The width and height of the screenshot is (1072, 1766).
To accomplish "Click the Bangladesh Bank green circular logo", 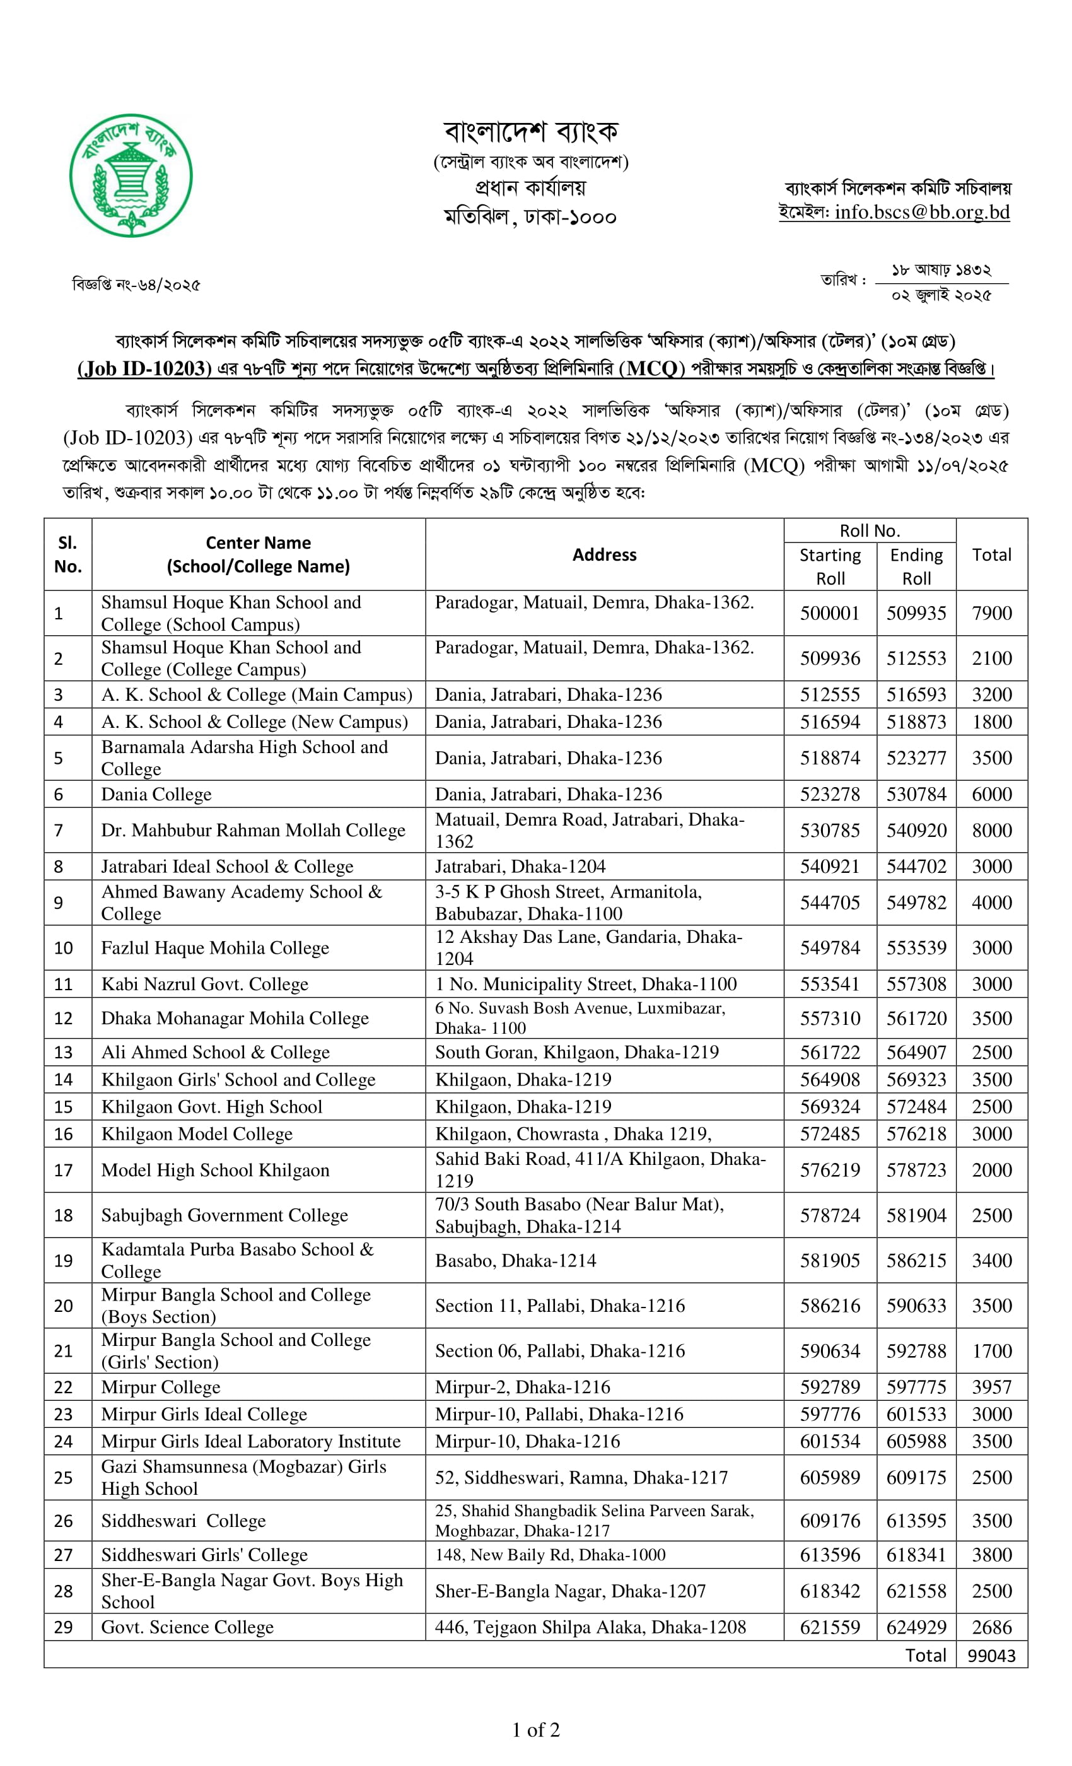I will [x=131, y=175].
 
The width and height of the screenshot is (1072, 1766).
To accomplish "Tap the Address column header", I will [x=604, y=555].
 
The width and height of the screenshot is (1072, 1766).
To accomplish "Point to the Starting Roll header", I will [x=830, y=566].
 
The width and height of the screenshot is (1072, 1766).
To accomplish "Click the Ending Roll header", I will [x=916, y=566].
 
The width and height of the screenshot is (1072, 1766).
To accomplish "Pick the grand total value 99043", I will [x=991, y=1656].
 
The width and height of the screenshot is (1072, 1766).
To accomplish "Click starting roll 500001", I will [x=829, y=614].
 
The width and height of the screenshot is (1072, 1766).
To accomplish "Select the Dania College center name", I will [x=156, y=794].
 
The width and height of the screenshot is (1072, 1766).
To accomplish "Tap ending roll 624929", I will [x=916, y=1628].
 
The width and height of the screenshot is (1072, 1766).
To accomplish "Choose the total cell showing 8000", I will [x=991, y=831].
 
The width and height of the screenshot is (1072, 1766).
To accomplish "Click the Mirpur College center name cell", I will [x=161, y=1387].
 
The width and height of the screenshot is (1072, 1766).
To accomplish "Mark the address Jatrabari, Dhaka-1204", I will [x=520, y=867].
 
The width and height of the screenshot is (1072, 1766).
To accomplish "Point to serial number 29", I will [x=64, y=1628].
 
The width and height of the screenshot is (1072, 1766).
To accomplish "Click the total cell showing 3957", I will [x=991, y=1387].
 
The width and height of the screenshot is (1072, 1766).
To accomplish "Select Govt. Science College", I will [x=187, y=1628].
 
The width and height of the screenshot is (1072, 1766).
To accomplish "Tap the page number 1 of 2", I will [x=536, y=1730].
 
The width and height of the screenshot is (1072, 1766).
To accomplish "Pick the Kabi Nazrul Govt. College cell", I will [x=205, y=984].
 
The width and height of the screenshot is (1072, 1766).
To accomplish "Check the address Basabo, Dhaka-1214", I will [x=515, y=1261].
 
